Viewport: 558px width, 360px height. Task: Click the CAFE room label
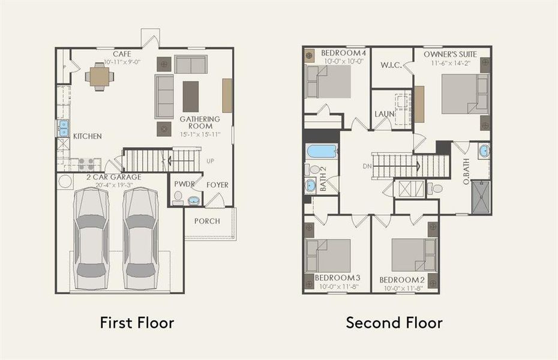point(122,54)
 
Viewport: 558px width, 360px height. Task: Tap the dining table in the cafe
point(100,76)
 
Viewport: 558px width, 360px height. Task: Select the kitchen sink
point(63,128)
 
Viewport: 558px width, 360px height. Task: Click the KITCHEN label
point(87,137)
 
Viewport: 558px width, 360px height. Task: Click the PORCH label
point(207,221)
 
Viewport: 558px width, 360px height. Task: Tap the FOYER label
point(217,185)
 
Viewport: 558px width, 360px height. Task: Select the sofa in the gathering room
point(164,96)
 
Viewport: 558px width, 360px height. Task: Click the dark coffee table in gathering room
point(191,96)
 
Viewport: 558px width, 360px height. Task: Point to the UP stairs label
point(210,161)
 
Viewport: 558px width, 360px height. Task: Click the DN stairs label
point(367,166)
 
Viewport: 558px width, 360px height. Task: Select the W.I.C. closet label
point(391,65)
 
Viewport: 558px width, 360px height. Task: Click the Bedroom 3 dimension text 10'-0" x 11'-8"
point(337,287)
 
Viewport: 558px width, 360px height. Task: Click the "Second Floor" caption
point(394,323)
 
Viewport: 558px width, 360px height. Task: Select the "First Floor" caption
point(137,323)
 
